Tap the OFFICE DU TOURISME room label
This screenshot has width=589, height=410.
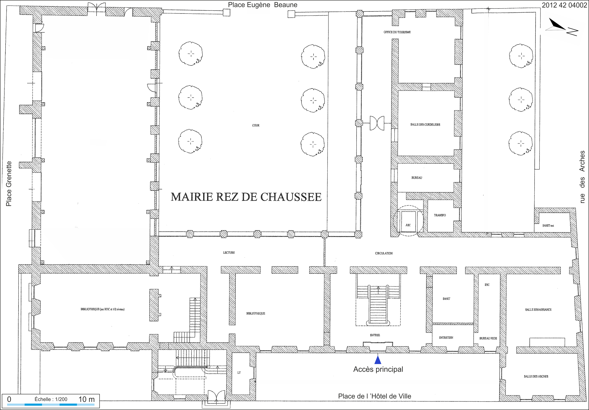point(397,32)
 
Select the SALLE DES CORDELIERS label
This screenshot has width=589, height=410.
point(425,124)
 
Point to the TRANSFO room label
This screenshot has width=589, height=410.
point(440,215)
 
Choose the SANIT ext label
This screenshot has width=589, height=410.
point(548,225)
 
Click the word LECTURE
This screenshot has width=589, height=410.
point(229,253)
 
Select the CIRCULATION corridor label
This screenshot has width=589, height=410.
point(384,253)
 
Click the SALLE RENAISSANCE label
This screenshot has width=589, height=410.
point(538,310)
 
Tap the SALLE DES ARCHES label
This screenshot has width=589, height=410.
point(536,376)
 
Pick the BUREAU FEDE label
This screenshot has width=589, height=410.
point(488,338)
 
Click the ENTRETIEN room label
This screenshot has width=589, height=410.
point(446,338)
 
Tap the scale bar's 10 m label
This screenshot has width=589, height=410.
point(86,399)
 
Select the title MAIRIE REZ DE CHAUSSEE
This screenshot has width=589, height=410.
point(246,197)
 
